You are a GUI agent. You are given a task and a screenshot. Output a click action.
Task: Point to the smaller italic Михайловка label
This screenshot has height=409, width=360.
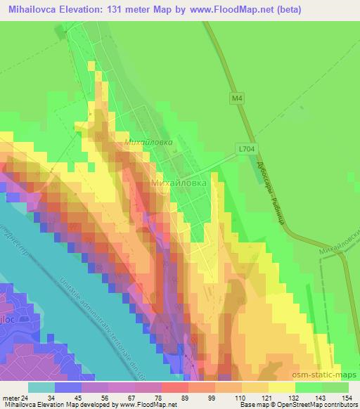click(148, 142)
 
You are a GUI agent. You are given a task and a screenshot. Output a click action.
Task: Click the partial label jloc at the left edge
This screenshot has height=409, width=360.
click(6, 318)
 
